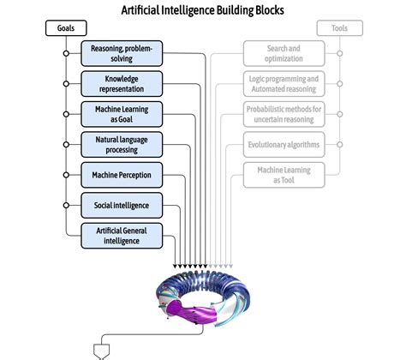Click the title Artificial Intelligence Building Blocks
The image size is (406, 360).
202,9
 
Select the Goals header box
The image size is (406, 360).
66,28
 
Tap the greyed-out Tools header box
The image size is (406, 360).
339,28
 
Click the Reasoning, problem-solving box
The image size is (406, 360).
122,53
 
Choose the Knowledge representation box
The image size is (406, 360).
122,83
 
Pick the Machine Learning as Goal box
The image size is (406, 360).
122,114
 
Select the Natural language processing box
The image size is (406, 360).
122,144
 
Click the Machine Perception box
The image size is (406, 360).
122,175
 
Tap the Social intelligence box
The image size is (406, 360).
122,205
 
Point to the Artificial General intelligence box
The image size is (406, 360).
122,235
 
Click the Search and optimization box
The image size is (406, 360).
283,53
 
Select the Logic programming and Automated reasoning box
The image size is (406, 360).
283,83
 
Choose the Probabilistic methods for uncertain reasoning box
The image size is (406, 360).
283,114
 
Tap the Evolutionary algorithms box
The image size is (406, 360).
283,144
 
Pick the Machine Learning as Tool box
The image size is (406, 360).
283,175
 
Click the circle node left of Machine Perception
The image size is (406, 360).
66,175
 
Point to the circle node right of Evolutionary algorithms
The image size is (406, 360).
339,144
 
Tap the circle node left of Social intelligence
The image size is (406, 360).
66,205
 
